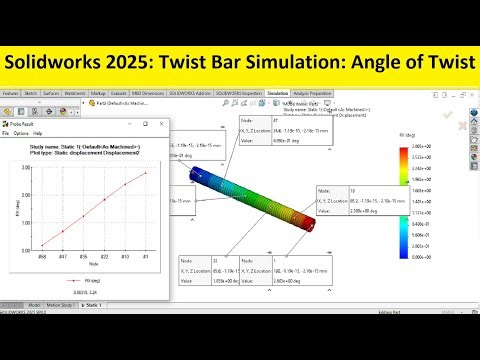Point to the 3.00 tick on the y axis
tap(29, 168)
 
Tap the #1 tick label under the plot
tap(146, 258)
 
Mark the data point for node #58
tap(41, 246)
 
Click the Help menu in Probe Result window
tap(39, 132)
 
